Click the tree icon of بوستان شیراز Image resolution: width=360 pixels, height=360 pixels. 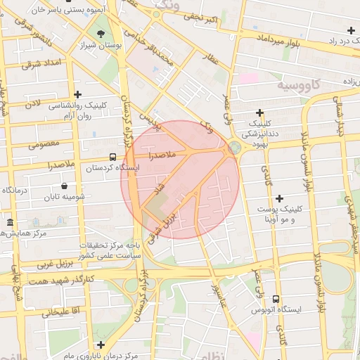tap(101, 34)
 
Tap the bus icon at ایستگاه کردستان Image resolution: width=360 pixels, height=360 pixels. tap(113, 157)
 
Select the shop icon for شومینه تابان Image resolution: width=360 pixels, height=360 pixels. tap(65, 186)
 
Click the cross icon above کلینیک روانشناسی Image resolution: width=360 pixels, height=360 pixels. tap(77, 94)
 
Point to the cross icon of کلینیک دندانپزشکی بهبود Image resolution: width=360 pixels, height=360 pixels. tap(259, 112)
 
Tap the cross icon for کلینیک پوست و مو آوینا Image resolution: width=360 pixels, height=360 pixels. tap(279, 199)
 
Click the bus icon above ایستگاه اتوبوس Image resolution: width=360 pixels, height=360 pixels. tap(276, 299)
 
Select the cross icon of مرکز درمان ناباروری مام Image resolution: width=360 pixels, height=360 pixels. tap(101, 345)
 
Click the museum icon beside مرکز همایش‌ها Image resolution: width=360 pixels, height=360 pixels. tap(10, 223)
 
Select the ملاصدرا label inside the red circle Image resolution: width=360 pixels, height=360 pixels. tap(167, 154)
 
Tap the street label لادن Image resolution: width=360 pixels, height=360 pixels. tap(33, 104)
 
